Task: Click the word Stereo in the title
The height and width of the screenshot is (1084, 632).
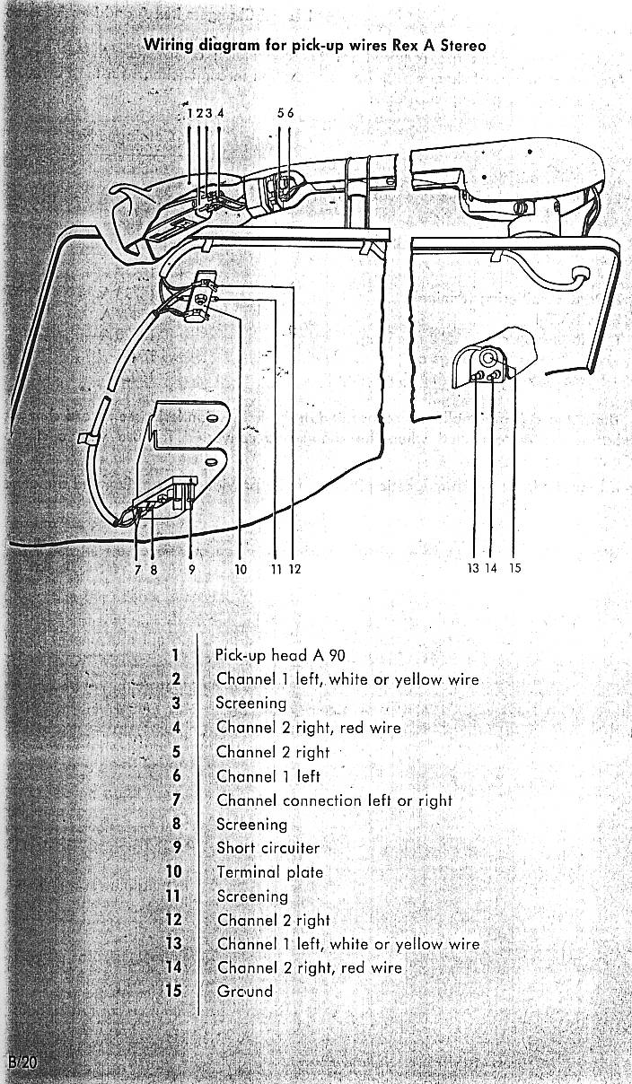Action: coord(463,46)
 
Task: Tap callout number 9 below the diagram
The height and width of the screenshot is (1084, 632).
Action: coord(192,569)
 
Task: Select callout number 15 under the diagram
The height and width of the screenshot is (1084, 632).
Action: coord(515,568)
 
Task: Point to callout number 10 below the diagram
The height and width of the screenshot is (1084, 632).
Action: coord(241,569)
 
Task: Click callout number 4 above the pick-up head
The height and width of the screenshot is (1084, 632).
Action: coord(220,113)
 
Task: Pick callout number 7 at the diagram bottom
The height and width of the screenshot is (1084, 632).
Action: coord(138,570)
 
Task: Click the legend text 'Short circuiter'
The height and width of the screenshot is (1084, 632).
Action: coord(268,847)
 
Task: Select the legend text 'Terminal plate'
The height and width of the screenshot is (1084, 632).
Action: coord(269,871)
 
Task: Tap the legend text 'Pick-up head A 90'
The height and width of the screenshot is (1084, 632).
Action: coord(280,655)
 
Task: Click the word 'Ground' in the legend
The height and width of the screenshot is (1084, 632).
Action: coord(244,991)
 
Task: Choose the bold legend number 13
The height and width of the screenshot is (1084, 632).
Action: coord(173,943)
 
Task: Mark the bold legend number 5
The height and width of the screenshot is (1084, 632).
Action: coord(176,752)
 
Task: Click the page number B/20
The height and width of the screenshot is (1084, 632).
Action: coord(22,1062)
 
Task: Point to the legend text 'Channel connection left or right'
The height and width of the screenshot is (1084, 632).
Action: coord(334,800)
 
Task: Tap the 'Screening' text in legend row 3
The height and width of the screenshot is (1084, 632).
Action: coord(250,703)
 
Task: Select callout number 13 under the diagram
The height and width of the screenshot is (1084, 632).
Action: coord(473,568)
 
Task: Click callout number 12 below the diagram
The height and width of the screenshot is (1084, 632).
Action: coord(295,569)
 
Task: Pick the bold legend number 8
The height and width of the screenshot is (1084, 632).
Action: coord(176,823)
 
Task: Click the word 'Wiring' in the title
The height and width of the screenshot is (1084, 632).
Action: coord(169,46)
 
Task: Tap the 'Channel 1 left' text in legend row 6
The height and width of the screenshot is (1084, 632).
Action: coord(268,775)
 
